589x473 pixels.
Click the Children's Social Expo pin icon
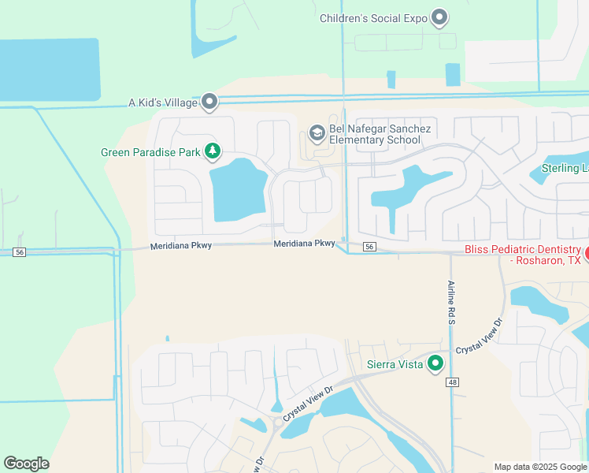[x=440, y=17]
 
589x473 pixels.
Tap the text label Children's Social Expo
[x=373, y=18]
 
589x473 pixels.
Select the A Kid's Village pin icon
[x=209, y=102]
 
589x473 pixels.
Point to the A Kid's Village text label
[x=161, y=102]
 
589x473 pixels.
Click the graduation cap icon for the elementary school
[x=317, y=133]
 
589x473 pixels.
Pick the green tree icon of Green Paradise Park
[x=212, y=151]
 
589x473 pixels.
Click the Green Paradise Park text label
[x=150, y=152]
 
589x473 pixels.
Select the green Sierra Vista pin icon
[x=435, y=363]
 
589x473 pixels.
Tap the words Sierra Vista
[x=395, y=364]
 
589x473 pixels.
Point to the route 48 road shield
[x=452, y=382]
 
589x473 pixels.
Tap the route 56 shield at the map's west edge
[x=20, y=251]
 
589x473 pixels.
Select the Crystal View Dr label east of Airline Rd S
[x=480, y=337]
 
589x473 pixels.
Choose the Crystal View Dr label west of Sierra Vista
[x=308, y=401]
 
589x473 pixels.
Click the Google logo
[x=26, y=464]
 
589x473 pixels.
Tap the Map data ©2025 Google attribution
[x=539, y=467]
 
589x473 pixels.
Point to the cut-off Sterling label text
[x=565, y=168]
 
